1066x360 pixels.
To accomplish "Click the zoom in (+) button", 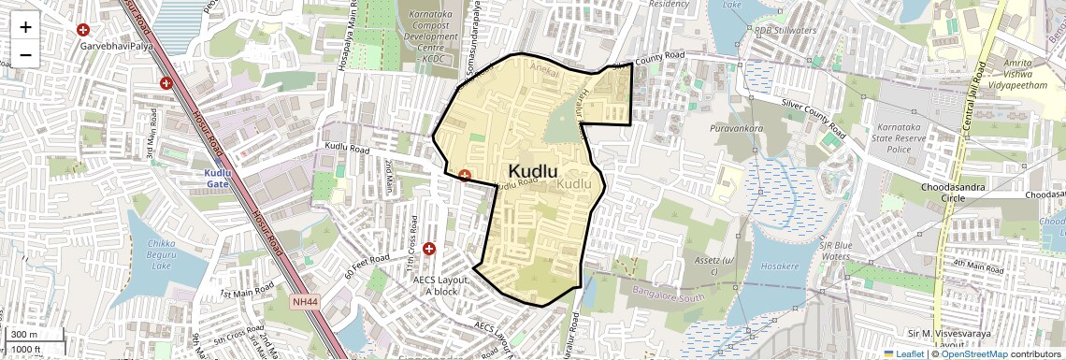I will coord(25,26).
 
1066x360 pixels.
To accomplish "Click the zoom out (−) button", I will coord(25,54).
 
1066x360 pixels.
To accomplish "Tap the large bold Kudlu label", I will coord(533,170).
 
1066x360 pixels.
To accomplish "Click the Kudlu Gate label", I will coord(217,179).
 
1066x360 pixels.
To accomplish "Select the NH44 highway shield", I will coord(305,302).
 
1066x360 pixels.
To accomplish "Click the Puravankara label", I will coord(737,128).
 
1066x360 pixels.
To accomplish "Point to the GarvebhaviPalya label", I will coord(117,45).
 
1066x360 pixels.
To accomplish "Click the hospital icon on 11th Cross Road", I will coord(429,249).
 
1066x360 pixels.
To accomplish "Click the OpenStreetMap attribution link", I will coord(973,353).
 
